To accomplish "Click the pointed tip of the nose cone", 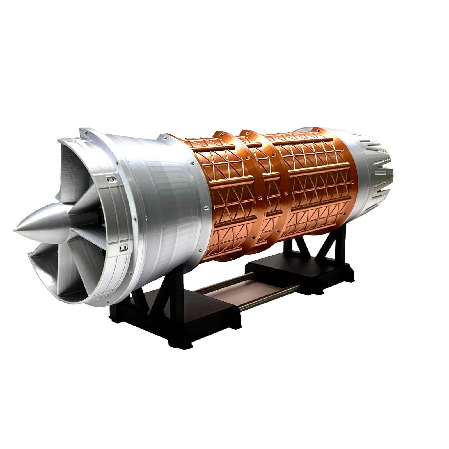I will tap(14, 230).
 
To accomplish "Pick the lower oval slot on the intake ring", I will tap(122, 247).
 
